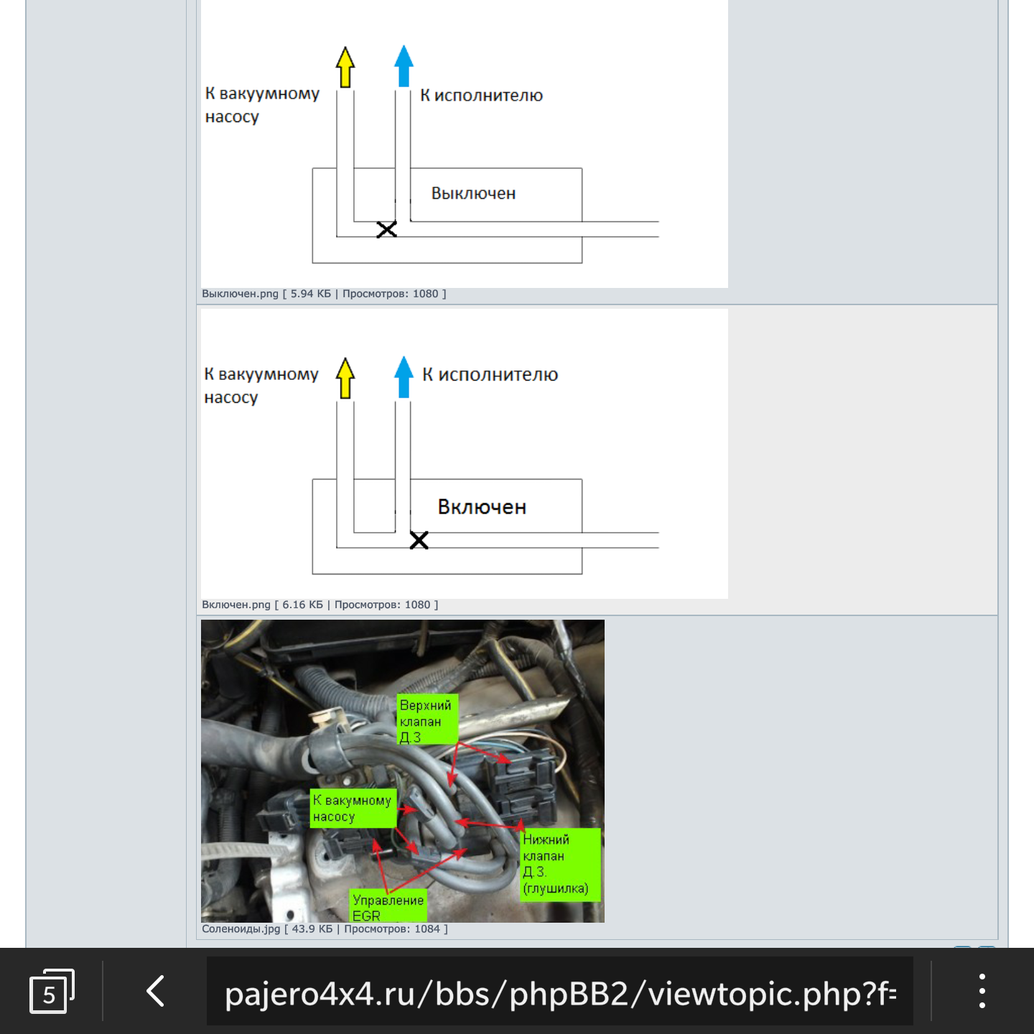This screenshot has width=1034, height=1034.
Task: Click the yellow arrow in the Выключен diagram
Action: (345, 67)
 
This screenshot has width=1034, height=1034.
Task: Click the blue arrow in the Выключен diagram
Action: (404, 66)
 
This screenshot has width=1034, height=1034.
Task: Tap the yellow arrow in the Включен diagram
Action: (345, 378)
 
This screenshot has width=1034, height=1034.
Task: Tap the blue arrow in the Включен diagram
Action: (404, 377)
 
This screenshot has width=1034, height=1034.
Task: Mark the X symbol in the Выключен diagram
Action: (386, 230)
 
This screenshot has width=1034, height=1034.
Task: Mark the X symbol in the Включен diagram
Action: (419, 541)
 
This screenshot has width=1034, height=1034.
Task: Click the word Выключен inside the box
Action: (473, 193)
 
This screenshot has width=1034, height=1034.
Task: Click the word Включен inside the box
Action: (482, 506)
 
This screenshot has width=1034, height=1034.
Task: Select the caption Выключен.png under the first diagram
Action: (240, 294)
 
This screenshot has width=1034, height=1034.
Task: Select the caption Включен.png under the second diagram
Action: (236, 605)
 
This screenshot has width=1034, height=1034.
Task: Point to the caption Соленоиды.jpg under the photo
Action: (241, 929)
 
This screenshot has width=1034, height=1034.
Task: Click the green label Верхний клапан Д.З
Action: (427, 720)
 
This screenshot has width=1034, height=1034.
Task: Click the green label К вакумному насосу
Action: (353, 808)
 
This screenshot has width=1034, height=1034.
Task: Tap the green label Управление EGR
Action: (388, 906)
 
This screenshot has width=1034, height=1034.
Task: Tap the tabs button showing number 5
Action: (52, 991)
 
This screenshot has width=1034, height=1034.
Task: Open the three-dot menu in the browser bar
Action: (982, 991)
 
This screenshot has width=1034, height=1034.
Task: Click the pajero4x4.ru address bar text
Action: (560, 994)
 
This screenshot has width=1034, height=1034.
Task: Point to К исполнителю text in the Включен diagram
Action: (490, 375)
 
